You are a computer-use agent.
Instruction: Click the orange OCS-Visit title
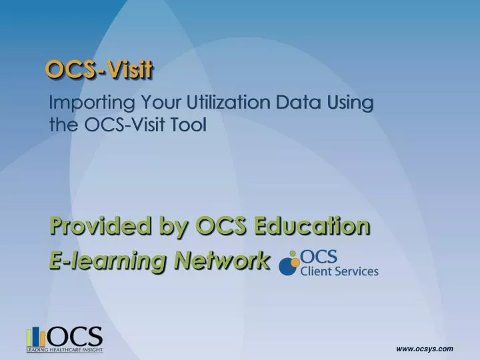99,69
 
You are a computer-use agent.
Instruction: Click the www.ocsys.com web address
425,349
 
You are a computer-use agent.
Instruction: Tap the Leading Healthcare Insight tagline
65,349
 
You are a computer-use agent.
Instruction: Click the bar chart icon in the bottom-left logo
36,337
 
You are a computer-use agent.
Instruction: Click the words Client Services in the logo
339,271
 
